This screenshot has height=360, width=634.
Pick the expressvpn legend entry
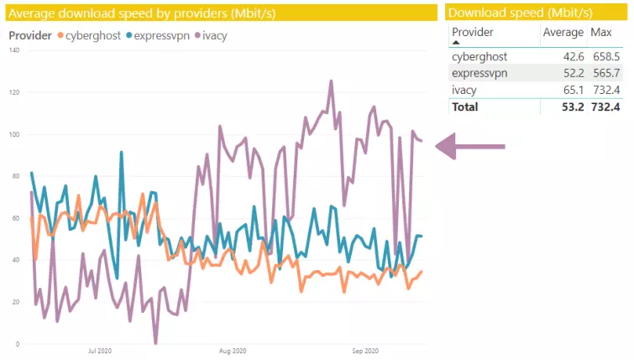158,36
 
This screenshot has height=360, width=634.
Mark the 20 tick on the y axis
14,302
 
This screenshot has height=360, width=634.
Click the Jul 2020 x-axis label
100,351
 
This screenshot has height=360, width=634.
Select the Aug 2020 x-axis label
232,351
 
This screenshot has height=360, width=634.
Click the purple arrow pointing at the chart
469,147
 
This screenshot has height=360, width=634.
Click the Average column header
563,32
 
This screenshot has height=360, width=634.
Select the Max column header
601,32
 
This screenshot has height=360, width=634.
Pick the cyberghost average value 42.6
570,56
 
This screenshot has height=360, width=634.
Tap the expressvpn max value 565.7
605,73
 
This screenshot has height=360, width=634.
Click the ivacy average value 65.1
570,90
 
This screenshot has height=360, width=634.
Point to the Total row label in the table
464,107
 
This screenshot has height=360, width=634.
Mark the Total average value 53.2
570,107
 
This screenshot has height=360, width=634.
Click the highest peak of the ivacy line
331,81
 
